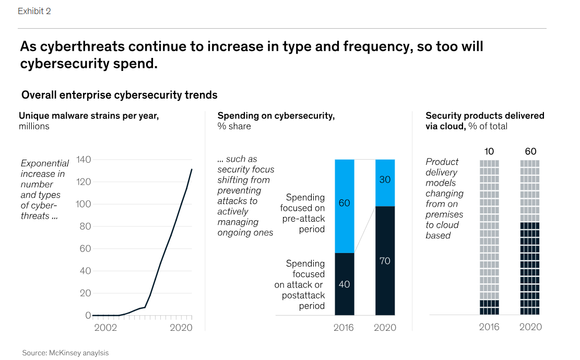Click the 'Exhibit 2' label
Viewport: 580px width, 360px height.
34,11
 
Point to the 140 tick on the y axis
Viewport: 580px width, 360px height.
84,160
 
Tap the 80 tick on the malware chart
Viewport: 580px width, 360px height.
85,226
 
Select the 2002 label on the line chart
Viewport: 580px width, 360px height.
105,328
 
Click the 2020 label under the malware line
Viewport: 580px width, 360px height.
181,328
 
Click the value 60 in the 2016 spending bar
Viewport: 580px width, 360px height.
344,203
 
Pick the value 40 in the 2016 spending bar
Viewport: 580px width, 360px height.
344,284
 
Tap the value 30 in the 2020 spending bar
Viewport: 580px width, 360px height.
385,179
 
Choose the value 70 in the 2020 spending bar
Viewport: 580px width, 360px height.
385,261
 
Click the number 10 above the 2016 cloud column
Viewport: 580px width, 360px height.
489,152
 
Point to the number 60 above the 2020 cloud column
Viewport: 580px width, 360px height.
530,152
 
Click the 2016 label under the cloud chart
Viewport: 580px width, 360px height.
489,327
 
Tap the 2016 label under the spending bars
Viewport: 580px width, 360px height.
344,328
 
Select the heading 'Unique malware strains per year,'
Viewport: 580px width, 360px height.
89,116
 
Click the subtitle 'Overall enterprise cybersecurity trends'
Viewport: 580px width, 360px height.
119,95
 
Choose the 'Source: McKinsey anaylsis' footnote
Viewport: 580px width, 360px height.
65,353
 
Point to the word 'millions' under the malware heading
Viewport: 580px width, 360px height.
34,126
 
